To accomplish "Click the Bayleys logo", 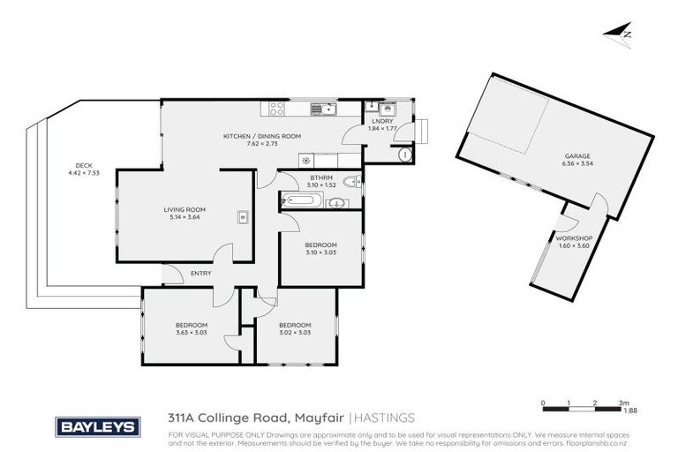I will [98, 426].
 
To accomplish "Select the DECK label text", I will [83, 165].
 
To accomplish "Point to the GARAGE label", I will [577, 156].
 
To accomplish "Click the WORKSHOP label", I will [573, 238].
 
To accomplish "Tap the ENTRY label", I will [200, 274].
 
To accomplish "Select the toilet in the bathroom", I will [351, 183].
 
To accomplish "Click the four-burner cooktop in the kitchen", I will [275, 109].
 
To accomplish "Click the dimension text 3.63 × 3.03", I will [191, 333].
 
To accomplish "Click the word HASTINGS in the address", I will [385, 418].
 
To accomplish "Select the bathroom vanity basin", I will [335, 203].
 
